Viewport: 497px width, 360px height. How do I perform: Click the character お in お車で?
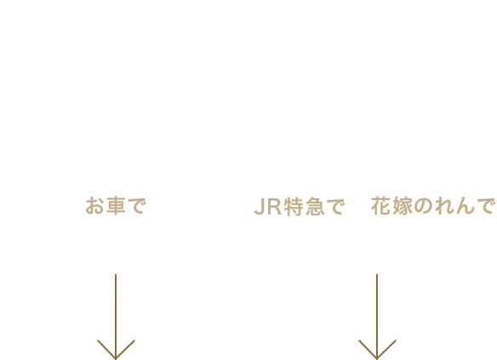[x=94, y=206]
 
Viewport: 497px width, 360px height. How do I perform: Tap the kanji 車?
[x=116, y=206]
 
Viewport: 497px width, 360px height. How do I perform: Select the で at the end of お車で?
[x=137, y=206]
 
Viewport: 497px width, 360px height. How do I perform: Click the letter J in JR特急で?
[x=260, y=207]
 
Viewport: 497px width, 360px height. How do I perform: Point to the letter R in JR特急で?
[x=275, y=207]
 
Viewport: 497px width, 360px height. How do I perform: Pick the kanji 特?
[x=294, y=207]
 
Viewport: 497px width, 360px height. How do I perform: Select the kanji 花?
[x=381, y=206]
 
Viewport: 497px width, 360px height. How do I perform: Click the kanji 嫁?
[x=403, y=206]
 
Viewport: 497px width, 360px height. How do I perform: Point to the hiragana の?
[x=423, y=206]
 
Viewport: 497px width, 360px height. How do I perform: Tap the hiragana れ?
[x=443, y=206]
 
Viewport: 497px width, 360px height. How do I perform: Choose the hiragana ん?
[x=465, y=206]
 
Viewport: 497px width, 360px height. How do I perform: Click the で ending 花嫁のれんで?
[x=486, y=206]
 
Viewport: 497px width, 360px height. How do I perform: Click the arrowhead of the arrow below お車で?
[x=116, y=358]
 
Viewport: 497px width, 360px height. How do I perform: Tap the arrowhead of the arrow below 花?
[x=377, y=358]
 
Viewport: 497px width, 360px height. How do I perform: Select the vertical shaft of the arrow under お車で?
[x=116, y=317]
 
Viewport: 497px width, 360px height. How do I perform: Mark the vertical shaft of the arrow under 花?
[x=377, y=317]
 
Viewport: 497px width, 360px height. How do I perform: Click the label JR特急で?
[x=300, y=207]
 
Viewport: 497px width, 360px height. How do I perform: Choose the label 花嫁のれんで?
[x=433, y=206]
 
